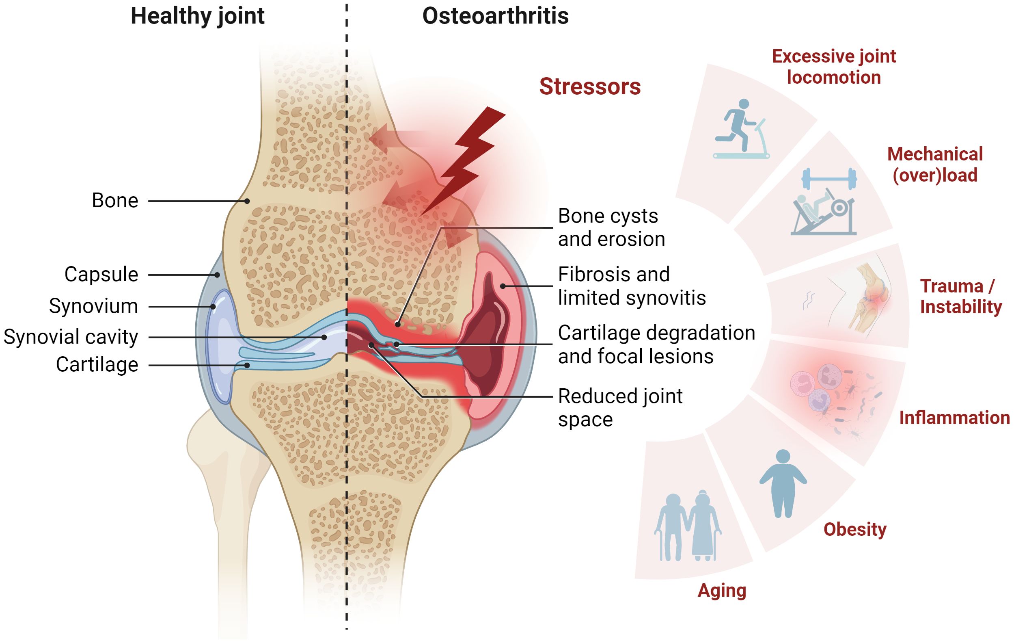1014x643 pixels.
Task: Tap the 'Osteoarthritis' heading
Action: [495, 16]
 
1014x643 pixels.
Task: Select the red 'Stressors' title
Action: [590, 87]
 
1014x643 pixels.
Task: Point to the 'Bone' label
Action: [115, 201]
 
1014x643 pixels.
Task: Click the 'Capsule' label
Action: [101, 274]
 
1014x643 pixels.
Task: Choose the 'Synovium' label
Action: [93, 306]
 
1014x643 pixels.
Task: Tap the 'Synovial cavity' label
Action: [71, 337]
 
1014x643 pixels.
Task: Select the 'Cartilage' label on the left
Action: [97, 364]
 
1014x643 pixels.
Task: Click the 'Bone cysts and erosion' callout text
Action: [611, 227]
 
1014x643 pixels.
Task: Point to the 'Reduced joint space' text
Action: [620, 407]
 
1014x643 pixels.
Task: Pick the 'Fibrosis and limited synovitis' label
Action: [632, 286]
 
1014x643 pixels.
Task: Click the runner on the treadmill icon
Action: [741, 128]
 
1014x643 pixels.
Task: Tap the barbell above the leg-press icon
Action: [829, 179]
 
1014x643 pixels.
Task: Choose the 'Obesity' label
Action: [855, 530]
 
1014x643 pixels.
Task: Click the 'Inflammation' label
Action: [955, 418]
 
